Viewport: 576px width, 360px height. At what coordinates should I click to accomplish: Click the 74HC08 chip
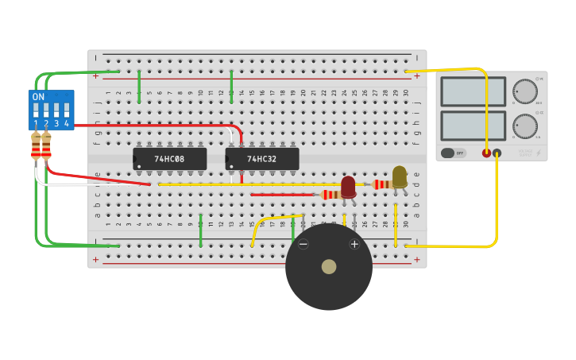coord(169,159)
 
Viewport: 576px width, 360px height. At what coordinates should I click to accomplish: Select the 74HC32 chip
coord(262,159)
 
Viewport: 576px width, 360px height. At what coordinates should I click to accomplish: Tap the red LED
coord(348,187)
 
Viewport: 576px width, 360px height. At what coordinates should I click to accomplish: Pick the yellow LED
coord(400,177)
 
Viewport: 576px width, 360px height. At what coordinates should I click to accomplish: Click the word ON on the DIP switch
coord(38,97)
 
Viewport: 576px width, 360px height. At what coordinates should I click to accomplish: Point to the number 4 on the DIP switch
coord(67,124)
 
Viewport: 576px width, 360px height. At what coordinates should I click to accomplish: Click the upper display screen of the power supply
coord(473,91)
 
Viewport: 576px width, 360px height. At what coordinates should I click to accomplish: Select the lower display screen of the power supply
coord(473,126)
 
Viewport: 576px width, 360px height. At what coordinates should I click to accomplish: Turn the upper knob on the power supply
coord(524,91)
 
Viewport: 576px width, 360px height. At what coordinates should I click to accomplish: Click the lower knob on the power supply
coord(524,126)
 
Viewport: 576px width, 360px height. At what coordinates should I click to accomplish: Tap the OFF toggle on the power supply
coord(453,153)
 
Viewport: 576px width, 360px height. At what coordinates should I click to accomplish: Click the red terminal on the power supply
coord(486,153)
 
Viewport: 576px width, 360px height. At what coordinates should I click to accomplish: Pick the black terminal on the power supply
coord(497,153)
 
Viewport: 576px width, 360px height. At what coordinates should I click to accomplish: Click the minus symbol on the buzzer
coord(303,244)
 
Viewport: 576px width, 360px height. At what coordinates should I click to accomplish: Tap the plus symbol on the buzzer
coord(354,244)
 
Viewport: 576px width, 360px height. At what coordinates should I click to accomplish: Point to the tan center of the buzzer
coord(329,267)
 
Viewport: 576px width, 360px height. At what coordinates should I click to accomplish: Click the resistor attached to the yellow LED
coord(382,184)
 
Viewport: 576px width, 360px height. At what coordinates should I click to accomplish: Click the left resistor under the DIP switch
coord(36,146)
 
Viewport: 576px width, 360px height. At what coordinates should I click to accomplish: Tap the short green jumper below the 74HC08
coord(200,230)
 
